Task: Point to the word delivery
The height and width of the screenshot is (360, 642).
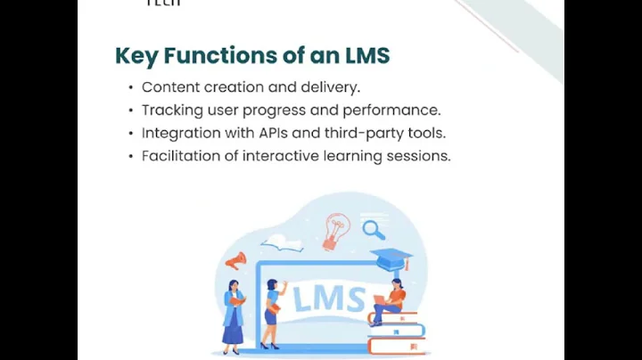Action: (331, 87)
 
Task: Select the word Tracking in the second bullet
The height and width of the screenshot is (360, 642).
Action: (169, 110)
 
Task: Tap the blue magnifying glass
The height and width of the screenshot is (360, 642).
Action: (374, 230)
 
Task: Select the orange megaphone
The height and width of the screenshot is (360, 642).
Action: (236, 260)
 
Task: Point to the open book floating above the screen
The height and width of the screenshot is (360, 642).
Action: (282, 242)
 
